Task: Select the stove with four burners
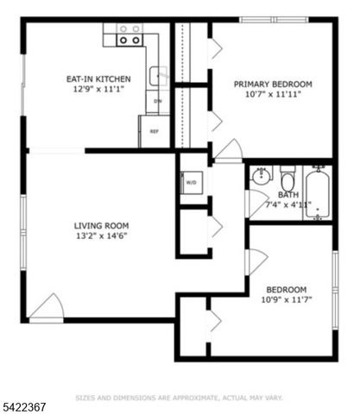[129, 34]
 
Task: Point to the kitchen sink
[158, 76]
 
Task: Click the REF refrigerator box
[155, 131]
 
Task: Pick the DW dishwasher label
[158, 102]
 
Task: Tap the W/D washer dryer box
[191, 183]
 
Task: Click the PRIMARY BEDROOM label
[273, 85]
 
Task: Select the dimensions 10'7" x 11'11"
[273, 96]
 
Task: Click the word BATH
[287, 195]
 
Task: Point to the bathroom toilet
[287, 180]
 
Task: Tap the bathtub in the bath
[317, 193]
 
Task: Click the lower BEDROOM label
[286, 289]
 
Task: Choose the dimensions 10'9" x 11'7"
[286, 300]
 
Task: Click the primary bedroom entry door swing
[229, 151]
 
